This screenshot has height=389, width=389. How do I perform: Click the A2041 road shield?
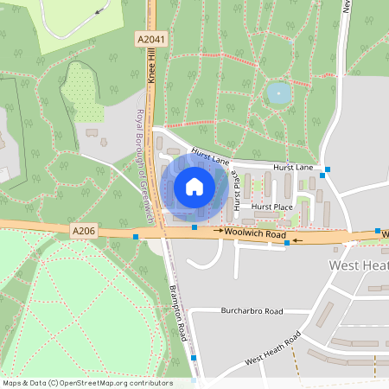[151, 40]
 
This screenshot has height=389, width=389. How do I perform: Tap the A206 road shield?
[80, 229]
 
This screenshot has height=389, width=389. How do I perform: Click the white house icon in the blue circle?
[194, 186]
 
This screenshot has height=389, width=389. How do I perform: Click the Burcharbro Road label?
[252, 310]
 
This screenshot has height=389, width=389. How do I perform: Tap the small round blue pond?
[277, 92]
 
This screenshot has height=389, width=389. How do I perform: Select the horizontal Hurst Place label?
[272, 207]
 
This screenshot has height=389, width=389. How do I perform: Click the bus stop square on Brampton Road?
[194, 358]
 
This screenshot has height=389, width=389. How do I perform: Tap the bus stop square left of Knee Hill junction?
[136, 235]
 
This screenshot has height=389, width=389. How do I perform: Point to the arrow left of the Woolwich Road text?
[219, 233]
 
